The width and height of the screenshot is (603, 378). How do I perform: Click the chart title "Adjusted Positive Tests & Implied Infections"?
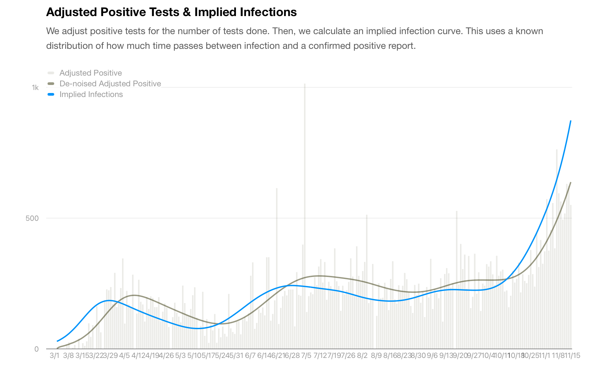(x=171, y=12)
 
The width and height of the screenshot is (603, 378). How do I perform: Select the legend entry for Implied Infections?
(x=91, y=94)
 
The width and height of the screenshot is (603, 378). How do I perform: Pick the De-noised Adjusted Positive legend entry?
(x=110, y=84)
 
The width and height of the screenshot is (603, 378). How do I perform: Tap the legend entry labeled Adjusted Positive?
(x=90, y=73)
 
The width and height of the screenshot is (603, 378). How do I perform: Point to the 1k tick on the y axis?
(x=35, y=88)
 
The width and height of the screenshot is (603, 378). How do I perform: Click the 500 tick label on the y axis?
(x=32, y=218)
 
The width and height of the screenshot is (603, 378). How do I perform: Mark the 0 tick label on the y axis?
(x=36, y=349)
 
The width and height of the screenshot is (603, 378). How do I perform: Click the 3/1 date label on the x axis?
(x=54, y=356)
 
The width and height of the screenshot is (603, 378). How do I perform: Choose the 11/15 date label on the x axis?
(x=573, y=356)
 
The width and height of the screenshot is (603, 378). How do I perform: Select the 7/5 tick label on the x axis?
(x=306, y=356)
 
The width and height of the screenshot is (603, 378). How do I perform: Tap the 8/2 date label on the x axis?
(x=362, y=356)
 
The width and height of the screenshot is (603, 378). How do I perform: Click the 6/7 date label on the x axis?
(x=250, y=356)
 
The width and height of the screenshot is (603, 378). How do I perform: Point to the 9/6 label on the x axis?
(x=432, y=356)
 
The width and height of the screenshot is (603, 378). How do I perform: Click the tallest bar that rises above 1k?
(x=305, y=85)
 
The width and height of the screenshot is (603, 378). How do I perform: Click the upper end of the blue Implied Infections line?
(x=571, y=121)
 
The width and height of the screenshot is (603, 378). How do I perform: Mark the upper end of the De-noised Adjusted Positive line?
(x=571, y=183)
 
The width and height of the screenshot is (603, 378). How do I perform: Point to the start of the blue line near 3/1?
(x=58, y=341)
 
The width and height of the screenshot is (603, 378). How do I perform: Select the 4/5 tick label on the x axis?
(x=124, y=356)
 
